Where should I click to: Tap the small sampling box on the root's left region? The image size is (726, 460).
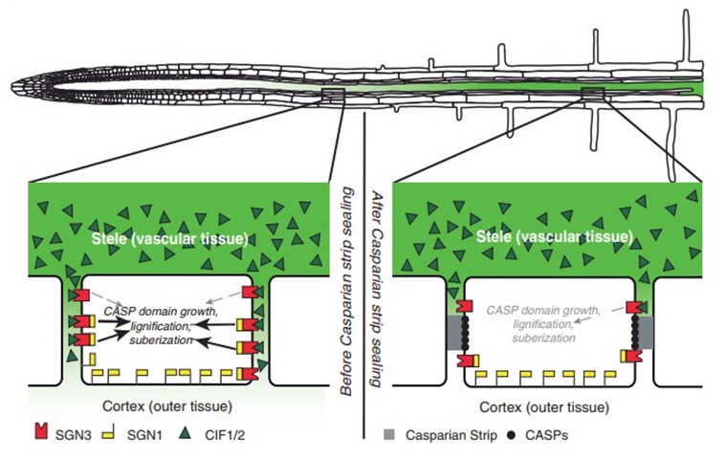coord(334,93)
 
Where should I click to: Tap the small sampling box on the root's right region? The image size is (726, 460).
coord(593,92)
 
